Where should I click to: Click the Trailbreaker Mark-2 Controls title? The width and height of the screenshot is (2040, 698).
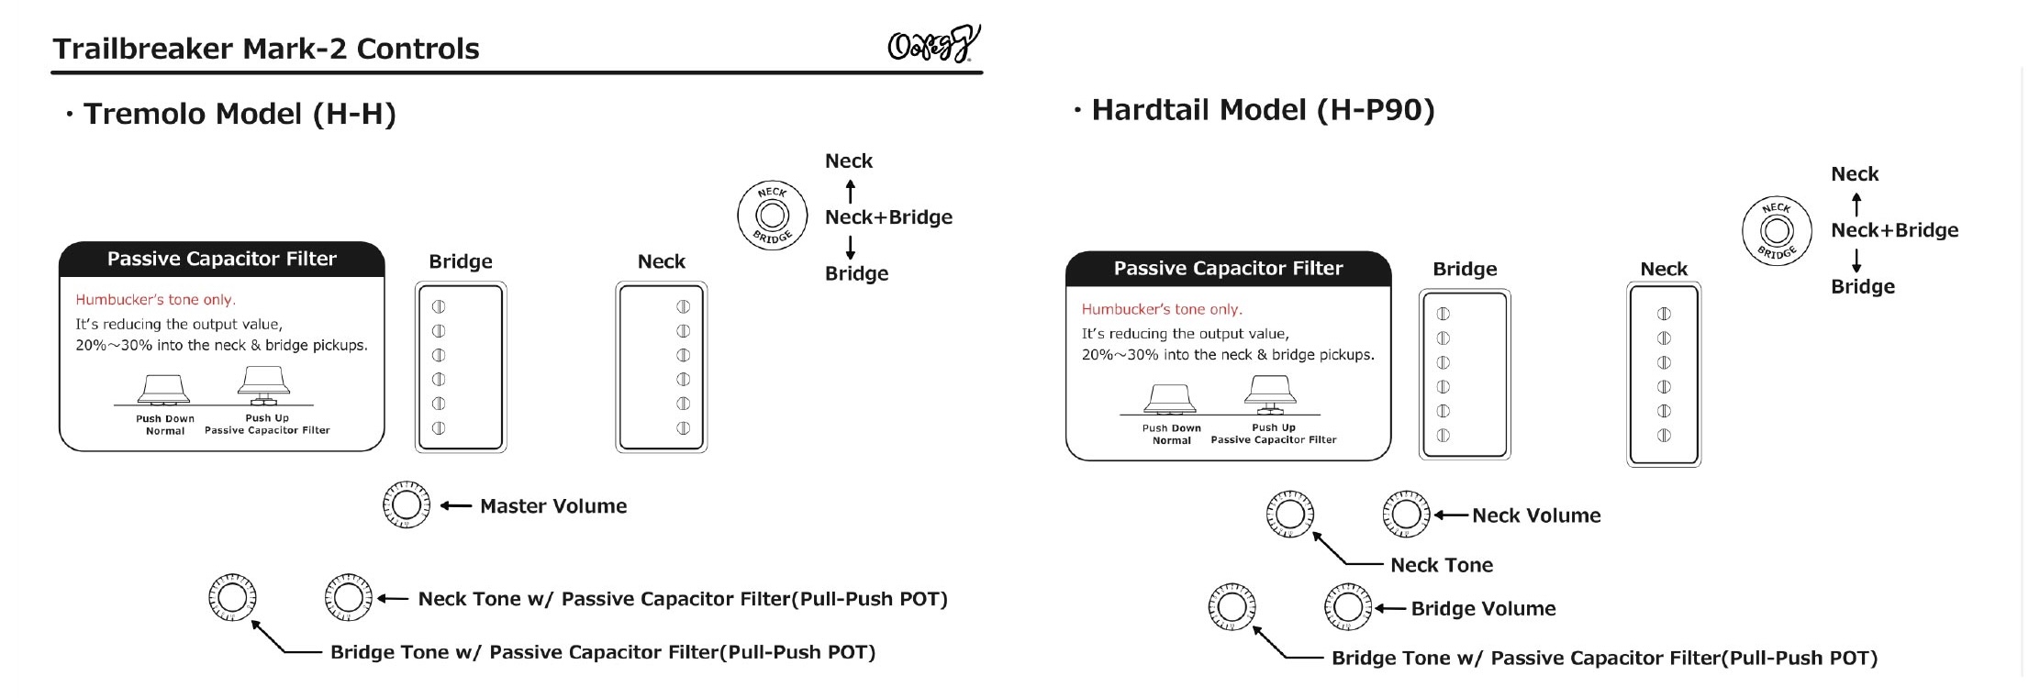[x=266, y=49]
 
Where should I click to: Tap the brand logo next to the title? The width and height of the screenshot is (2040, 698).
[x=932, y=44]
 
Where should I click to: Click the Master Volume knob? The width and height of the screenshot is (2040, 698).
[x=406, y=504]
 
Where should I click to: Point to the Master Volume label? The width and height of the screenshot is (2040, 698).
[x=553, y=506]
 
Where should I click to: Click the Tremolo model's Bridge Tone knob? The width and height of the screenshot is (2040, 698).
[x=232, y=597]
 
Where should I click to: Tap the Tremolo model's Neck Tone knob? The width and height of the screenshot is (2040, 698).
[x=348, y=597]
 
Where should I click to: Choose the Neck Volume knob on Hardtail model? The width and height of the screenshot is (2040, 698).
[x=1405, y=515]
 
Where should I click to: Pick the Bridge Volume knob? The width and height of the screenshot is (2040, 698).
[x=1347, y=606]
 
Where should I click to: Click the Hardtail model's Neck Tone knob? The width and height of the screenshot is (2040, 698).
[x=1289, y=514]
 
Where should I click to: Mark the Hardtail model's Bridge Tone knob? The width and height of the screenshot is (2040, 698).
[x=1232, y=606]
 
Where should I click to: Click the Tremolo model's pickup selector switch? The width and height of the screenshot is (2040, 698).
[x=772, y=216]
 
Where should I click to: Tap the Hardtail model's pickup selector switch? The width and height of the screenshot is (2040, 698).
[x=1777, y=231]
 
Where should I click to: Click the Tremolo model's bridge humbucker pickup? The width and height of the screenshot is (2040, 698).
[x=461, y=367]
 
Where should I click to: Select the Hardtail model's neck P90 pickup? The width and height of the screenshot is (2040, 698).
[x=1664, y=374]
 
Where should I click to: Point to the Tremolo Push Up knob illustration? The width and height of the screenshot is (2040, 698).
[x=264, y=384]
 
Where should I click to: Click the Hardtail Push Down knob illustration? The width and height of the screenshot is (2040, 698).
[x=1170, y=398]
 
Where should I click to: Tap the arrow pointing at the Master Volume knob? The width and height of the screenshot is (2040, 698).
[x=456, y=505]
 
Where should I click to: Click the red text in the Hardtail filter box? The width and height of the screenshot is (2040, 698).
[x=1162, y=310]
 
